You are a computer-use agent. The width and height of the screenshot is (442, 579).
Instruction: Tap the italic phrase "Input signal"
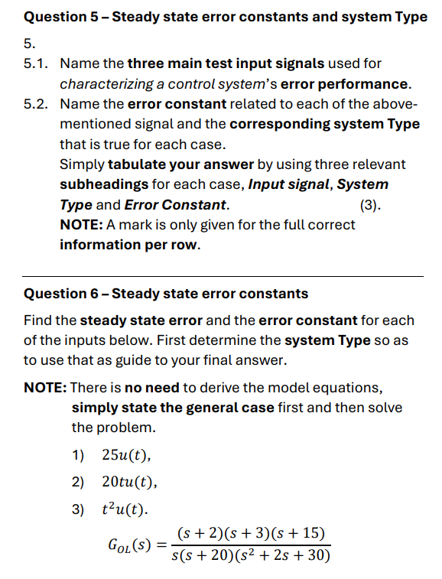290,185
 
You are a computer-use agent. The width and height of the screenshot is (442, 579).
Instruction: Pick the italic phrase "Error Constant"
175,205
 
